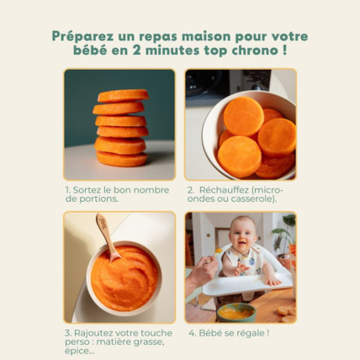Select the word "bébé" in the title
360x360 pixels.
(x=92, y=50)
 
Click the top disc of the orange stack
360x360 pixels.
(x=122, y=96)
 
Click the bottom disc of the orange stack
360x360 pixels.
(x=122, y=159)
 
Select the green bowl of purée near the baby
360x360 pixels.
(x=236, y=312)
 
